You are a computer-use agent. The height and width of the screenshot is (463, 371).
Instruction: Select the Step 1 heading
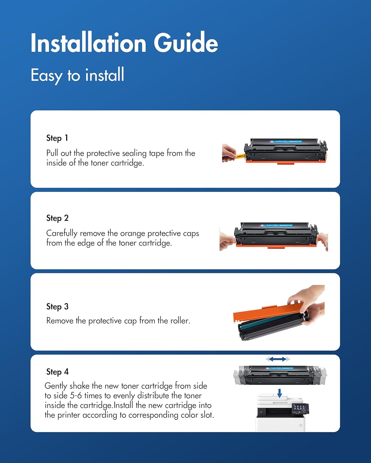pyautogui.click(x=57, y=138)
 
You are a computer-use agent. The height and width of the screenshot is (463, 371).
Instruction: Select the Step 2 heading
pyautogui.click(x=58, y=218)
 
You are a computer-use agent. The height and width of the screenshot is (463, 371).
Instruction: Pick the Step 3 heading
pyautogui.click(x=58, y=307)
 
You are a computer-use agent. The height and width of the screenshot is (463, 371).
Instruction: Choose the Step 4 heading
pyautogui.click(x=58, y=372)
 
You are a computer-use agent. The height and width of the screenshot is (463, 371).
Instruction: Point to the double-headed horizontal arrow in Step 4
pyautogui.click(x=278, y=359)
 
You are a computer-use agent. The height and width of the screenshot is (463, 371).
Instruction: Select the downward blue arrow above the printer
pyautogui.click(x=279, y=393)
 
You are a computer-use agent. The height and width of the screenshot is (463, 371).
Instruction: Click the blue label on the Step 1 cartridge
pyautogui.click(x=286, y=142)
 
